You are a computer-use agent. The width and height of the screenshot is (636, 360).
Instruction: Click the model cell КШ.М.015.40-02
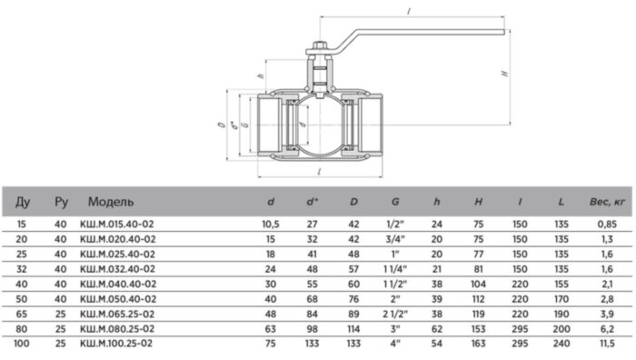117,224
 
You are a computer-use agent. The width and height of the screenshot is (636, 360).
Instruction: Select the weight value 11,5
607,344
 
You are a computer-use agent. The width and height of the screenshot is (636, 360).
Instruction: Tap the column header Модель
111,202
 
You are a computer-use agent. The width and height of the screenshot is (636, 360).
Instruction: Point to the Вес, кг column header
607,202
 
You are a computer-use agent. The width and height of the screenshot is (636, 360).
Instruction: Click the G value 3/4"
395,239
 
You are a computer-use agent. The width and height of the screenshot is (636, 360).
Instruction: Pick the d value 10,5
271,224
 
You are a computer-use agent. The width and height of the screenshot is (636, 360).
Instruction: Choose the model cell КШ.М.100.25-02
116,344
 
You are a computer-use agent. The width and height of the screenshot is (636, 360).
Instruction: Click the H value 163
478,344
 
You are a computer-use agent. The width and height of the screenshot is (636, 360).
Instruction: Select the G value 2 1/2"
395,315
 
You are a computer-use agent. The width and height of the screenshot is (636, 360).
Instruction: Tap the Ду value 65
22,315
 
